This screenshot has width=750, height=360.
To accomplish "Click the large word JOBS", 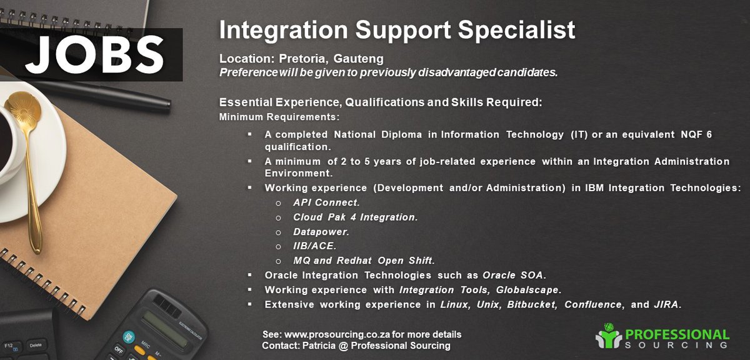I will [94, 55].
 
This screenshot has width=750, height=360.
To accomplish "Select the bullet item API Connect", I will [326, 202].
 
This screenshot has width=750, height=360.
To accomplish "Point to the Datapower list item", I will [321, 231].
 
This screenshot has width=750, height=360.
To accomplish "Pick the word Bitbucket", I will [530, 305].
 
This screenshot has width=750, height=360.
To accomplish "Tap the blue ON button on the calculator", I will [129, 336].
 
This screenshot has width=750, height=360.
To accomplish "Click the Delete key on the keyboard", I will [36, 344].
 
